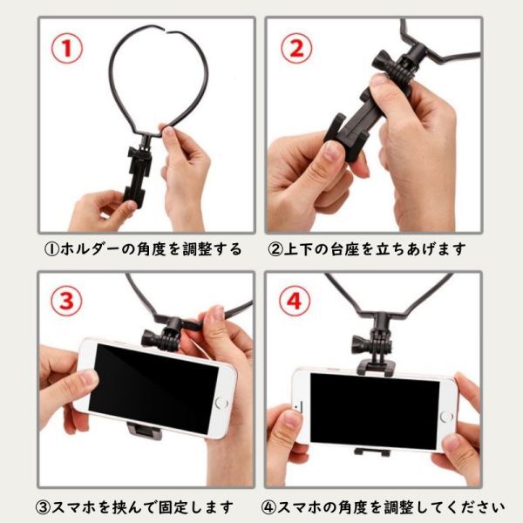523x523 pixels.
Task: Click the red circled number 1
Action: (x=67, y=48)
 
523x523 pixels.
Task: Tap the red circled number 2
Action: (x=296, y=48)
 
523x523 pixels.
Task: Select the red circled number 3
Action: (x=66, y=300)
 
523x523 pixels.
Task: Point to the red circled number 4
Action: (x=295, y=302)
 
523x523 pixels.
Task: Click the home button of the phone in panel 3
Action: (x=221, y=403)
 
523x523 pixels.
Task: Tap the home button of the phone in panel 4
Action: (x=446, y=417)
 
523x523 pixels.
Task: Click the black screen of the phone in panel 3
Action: (x=154, y=389)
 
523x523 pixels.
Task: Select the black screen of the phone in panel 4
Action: (x=374, y=411)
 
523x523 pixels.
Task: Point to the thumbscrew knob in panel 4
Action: (x=359, y=345)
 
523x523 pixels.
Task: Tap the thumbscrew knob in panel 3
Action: (x=150, y=338)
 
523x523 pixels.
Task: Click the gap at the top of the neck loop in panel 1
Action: (x=166, y=32)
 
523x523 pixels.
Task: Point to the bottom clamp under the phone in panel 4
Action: (x=372, y=452)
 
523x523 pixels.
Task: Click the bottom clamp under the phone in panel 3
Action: (x=145, y=431)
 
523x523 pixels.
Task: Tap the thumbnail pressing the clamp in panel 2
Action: (x=331, y=151)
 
